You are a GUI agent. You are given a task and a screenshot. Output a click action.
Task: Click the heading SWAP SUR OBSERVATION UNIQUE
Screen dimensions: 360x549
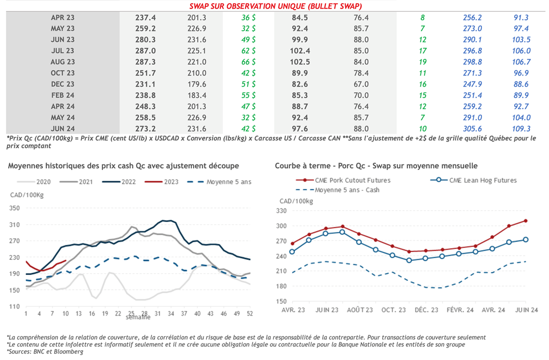point(275,6)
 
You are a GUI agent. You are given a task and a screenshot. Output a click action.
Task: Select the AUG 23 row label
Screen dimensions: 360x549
point(63,62)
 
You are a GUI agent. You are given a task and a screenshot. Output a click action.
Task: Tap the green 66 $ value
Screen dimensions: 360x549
point(248,62)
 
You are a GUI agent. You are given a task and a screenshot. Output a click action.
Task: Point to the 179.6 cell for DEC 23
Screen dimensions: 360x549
point(197,84)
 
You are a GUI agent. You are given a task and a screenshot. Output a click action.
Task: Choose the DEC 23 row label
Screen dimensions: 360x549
point(63,84)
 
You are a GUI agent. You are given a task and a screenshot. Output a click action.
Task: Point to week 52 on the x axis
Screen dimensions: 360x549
point(249,313)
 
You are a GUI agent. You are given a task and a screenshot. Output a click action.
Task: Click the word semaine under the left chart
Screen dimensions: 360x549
point(138,318)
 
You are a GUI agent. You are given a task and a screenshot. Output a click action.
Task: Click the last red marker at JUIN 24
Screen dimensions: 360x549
point(526,221)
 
